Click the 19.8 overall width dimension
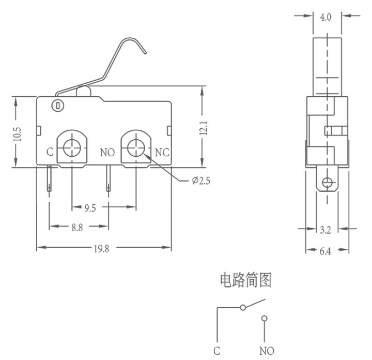[x=101, y=249]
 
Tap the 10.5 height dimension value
[x=17, y=134]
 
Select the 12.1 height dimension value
[x=204, y=128]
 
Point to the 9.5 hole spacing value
[x=90, y=208]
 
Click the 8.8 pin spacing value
[x=77, y=228]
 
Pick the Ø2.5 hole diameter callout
[x=201, y=181]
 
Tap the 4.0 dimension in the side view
[x=326, y=17]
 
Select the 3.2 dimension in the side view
[x=326, y=230]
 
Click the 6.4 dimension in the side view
[x=325, y=251]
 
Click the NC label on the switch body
[x=162, y=153]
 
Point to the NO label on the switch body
[x=107, y=153]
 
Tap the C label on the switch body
[x=50, y=152]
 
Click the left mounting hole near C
[x=72, y=148]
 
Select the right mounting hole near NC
[x=136, y=148]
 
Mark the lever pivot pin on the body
[x=58, y=106]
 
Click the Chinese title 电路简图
[x=246, y=280]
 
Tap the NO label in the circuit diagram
[x=267, y=351]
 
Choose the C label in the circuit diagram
[x=217, y=351]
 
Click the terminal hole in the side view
[x=327, y=183]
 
